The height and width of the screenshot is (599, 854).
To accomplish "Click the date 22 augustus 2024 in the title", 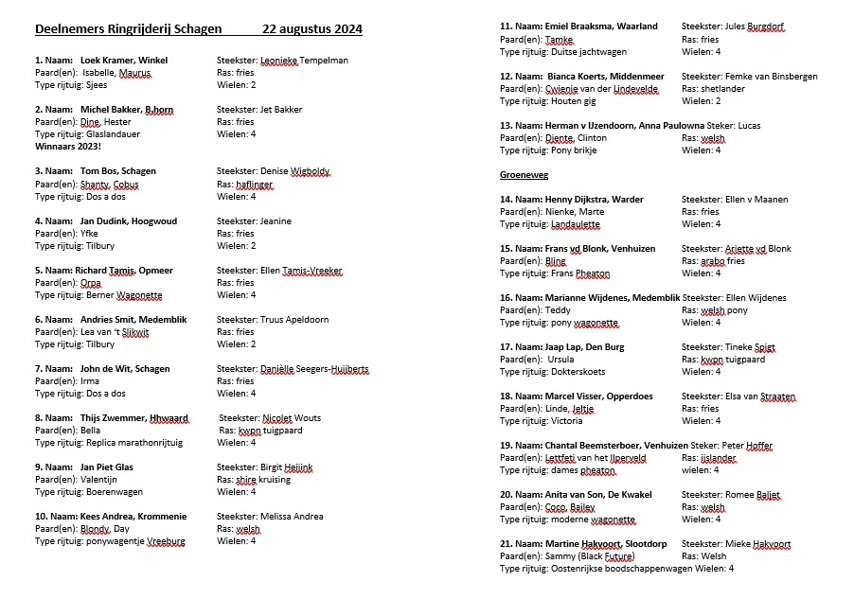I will (312, 29).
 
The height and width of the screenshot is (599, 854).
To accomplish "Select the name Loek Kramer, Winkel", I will (124, 61).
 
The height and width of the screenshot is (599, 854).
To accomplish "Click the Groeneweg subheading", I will (525, 175).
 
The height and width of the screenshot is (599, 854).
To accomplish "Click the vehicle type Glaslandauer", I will (113, 134).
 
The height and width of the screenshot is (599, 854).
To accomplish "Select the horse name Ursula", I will (566, 360).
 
